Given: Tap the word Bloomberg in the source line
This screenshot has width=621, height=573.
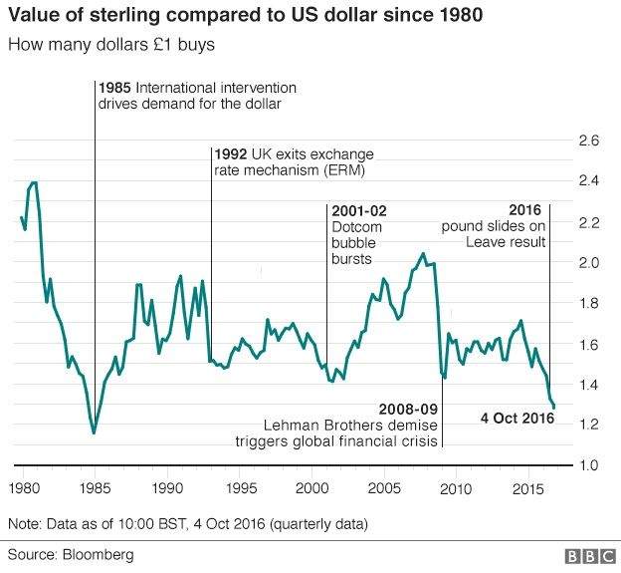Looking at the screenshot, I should pos(97,554).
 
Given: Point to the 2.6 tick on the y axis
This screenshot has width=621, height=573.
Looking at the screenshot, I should pos(589,141).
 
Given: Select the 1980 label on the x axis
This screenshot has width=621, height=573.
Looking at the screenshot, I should pos(21,489).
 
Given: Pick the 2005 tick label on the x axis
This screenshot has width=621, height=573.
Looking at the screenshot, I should pos(383,489).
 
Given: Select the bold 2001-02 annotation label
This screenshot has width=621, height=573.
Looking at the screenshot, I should pos(357,210).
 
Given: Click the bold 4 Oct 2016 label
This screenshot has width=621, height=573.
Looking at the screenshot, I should pos(516,417).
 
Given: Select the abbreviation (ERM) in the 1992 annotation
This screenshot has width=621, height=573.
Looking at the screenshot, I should pos(345,170).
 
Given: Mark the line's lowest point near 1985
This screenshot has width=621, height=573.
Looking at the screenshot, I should pos(94,432).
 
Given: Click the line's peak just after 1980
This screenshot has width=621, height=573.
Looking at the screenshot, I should pos(35,182).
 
